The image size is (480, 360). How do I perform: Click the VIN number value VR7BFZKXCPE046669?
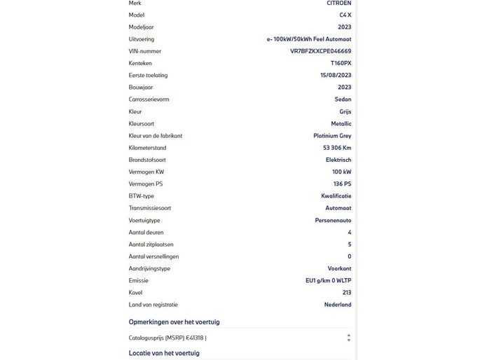pyautogui.click(x=320, y=51)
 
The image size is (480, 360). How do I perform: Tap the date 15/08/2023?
pyautogui.click(x=336, y=76)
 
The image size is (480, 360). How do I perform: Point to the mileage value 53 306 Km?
pyautogui.click(x=337, y=148)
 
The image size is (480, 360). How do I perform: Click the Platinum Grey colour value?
pyautogui.click(x=332, y=136)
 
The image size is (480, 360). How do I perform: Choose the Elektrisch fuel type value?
pyautogui.click(x=338, y=160)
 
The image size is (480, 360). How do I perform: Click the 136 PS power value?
pyautogui.click(x=342, y=184)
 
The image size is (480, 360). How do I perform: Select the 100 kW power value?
pyautogui.click(x=341, y=172)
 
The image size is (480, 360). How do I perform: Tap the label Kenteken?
pyautogui.click(x=140, y=64)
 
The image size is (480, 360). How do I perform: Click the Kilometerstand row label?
pyautogui.click(x=147, y=148)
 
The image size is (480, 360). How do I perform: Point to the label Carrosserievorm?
pyautogui.click(x=149, y=99)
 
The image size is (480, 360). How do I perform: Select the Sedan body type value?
pyautogui.click(x=343, y=99)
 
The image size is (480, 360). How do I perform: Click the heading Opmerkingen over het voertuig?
pyautogui.click(x=174, y=322)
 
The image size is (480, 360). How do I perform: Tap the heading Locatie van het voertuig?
pyautogui.click(x=164, y=353)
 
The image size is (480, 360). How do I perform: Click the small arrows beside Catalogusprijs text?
pyautogui.click(x=349, y=338)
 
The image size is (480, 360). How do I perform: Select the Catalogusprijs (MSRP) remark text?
pyautogui.click(x=167, y=338)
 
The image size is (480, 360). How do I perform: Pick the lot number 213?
pyautogui.click(x=347, y=293)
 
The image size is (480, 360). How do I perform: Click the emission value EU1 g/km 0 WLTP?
pyautogui.click(x=328, y=281)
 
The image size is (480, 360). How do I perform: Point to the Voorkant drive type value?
pyautogui.click(x=339, y=269)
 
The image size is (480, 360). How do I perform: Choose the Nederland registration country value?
pyautogui.click(x=338, y=305)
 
